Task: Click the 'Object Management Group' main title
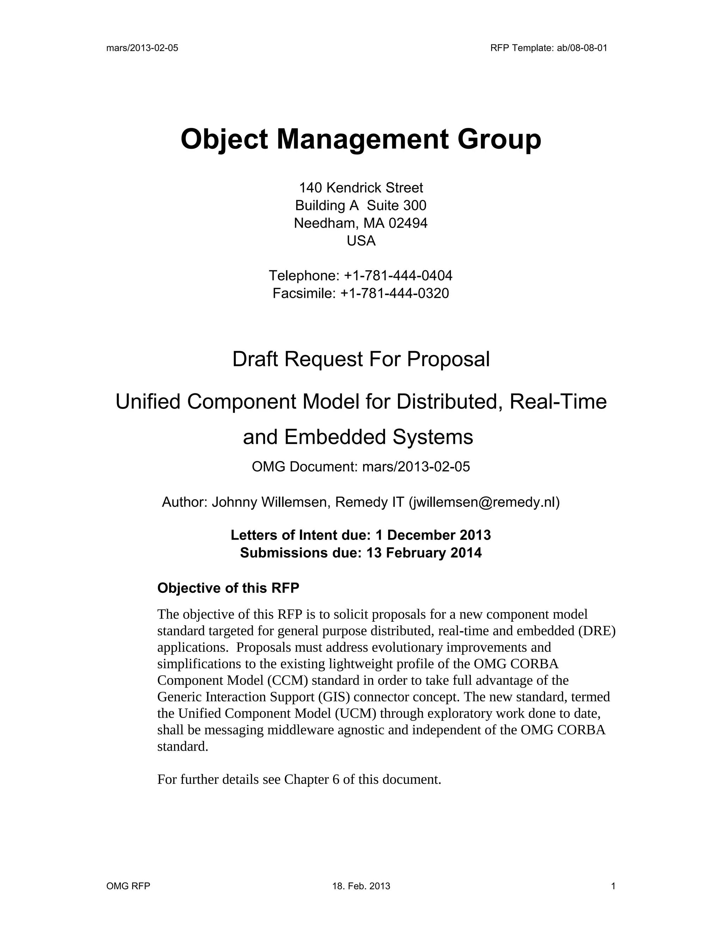pos(361,139)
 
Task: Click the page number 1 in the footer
pos(613,886)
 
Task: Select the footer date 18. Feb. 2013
pos(361,886)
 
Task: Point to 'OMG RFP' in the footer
pos(128,886)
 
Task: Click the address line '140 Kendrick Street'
pos(361,188)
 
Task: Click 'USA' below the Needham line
pos(361,241)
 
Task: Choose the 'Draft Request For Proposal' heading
pos(361,359)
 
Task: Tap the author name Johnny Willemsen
pos(269,502)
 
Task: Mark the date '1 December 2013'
pos(433,535)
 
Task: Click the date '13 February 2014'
pos(424,553)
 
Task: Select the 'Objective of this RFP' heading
pos(228,588)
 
